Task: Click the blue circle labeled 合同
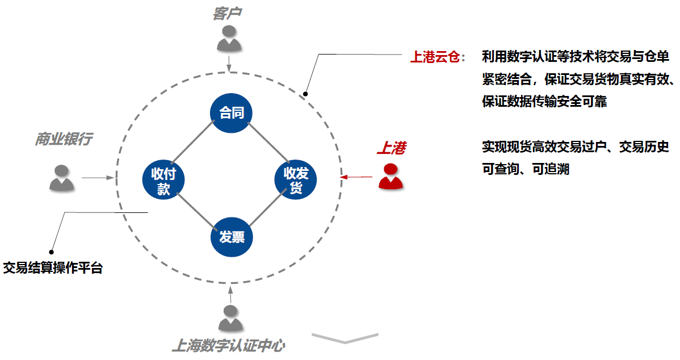(x=231, y=113)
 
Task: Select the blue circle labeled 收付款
(x=163, y=181)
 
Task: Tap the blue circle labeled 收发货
(x=296, y=181)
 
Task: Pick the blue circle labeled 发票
(x=231, y=237)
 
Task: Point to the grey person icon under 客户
(x=229, y=40)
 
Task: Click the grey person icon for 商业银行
(x=61, y=177)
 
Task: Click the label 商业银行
(x=64, y=139)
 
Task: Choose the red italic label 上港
(x=392, y=149)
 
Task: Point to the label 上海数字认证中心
(x=228, y=345)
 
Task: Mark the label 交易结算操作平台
(x=53, y=268)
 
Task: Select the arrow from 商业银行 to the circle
(x=99, y=178)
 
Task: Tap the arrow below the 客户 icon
(x=229, y=63)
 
